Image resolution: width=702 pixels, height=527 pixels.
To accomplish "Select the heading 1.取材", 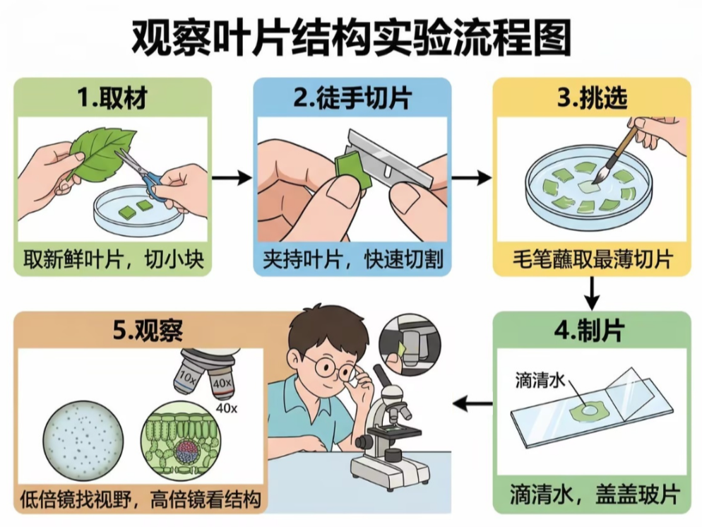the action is click(x=112, y=97).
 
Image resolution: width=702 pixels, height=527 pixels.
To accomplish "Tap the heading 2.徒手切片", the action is click(x=352, y=97).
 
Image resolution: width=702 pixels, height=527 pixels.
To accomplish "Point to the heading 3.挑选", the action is click(x=592, y=97).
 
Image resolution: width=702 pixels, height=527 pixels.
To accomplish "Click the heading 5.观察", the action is click(x=148, y=331).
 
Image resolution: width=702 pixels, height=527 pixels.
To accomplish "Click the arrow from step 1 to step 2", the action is click(x=232, y=178).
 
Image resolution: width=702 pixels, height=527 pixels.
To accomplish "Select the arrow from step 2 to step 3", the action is click(x=472, y=178).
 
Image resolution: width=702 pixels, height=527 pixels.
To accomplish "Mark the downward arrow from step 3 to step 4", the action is click(x=592, y=294).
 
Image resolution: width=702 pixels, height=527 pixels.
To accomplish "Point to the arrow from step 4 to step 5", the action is click(x=472, y=404).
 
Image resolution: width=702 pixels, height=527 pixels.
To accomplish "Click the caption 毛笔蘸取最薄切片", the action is click(x=593, y=259).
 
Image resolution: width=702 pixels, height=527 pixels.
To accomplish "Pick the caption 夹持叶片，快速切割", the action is click(x=353, y=259).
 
